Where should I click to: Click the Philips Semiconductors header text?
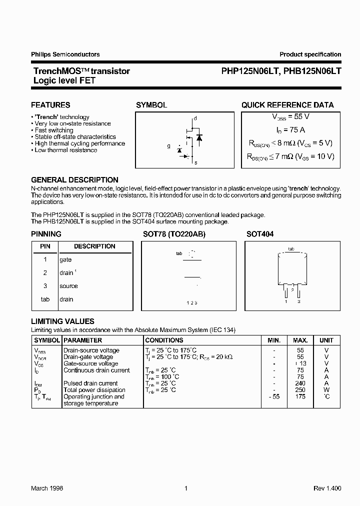coord(65,54)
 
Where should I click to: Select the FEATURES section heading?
coord(50,105)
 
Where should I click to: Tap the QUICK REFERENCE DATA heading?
coord(287,105)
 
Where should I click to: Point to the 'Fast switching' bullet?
coord(54,130)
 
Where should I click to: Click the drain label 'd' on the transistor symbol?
coord(195,118)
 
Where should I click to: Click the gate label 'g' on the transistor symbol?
coord(169,146)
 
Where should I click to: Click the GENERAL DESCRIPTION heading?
coord(74,180)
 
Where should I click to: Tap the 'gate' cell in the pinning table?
coord(65,260)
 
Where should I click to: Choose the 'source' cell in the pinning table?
coord(68,286)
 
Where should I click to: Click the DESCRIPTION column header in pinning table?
coord(94,246)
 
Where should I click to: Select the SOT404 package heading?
coord(260,234)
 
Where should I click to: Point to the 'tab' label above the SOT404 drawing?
coord(291,248)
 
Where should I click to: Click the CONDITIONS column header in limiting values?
coord(164,340)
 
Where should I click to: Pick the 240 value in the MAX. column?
coord(300,383)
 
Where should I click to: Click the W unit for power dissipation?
coord(326,390)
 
